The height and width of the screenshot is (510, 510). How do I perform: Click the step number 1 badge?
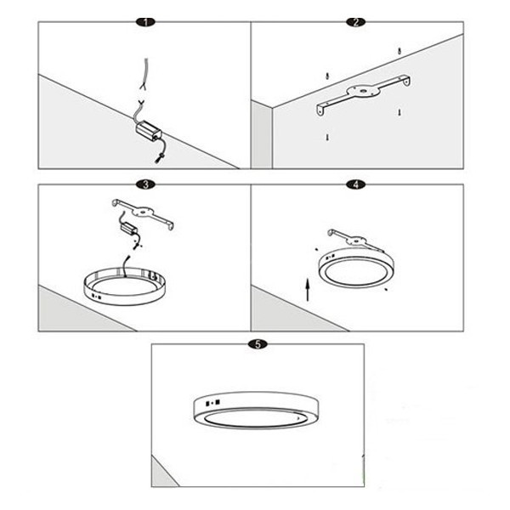(x=145, y=22)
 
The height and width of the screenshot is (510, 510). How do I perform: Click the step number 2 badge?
(x=356, y=22)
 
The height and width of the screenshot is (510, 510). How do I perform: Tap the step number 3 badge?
(x=145, y=184)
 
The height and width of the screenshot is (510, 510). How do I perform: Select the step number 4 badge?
(x=356, y=184)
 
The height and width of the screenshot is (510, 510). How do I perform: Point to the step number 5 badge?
(x=258, y=344)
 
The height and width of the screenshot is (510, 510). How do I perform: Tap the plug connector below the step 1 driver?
(x=158, y=160)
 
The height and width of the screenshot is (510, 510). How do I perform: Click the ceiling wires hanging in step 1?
(x=144, y=74)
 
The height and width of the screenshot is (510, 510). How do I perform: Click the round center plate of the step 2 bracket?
(x=363, y=91)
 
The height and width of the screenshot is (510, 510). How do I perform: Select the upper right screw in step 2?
(x=399, y=51)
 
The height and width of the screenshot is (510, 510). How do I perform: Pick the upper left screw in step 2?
(x=328, y=76)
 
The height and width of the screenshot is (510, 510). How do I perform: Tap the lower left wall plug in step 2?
(x=327, y=137)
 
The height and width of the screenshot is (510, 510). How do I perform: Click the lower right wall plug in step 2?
(x=399, y=112)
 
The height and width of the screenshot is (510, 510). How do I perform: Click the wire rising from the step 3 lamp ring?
(x=126, y=267)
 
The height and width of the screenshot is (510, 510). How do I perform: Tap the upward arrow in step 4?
(x=308, y=290)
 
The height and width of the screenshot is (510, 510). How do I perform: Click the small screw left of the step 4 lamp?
(x=316, y=249)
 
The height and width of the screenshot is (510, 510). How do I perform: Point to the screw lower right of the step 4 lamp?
(x=386, y=289)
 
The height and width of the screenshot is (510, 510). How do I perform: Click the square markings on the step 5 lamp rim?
(x=213, y=403)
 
